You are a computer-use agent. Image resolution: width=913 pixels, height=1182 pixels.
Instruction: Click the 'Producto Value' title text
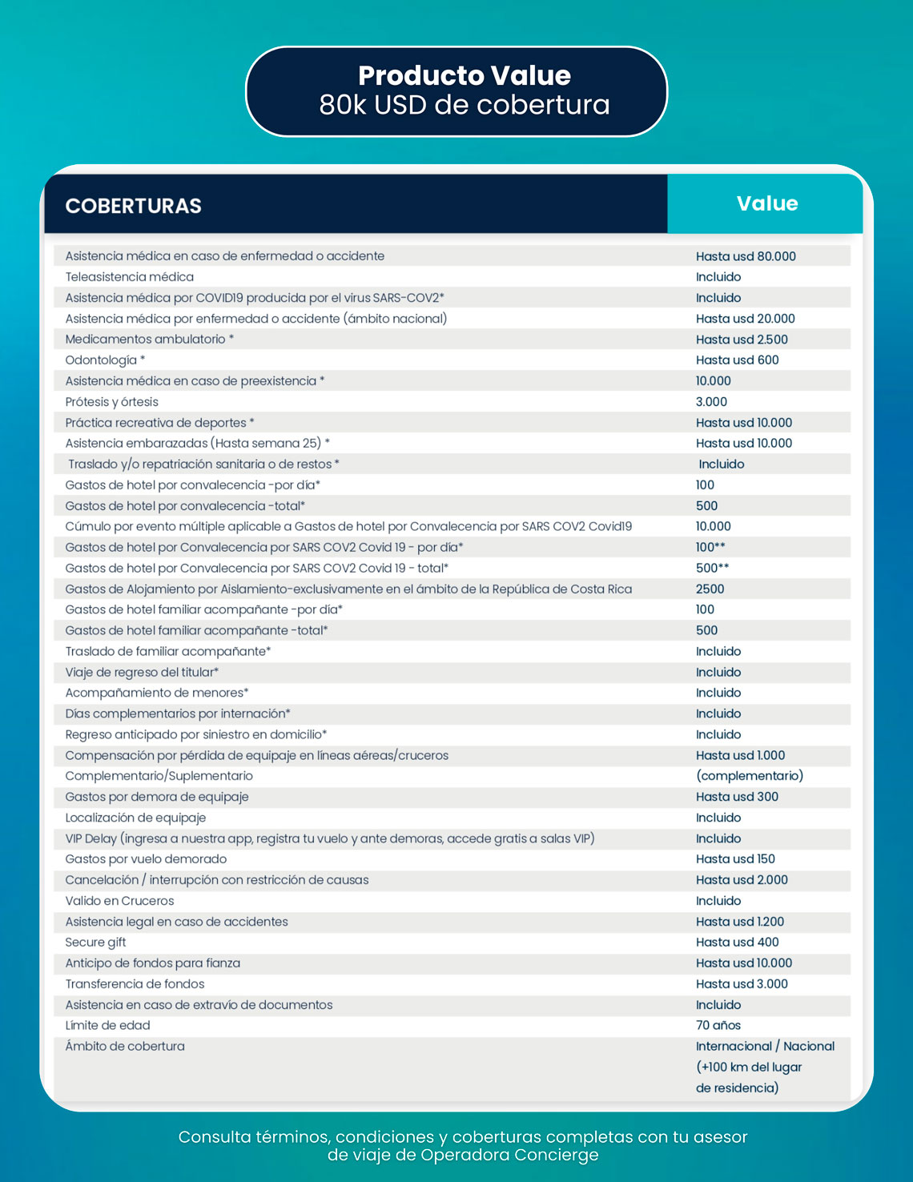point(464,75)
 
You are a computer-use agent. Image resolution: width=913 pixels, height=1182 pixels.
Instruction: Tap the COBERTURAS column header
point(133,206)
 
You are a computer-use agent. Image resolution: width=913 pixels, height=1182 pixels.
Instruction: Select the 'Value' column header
point(766,203)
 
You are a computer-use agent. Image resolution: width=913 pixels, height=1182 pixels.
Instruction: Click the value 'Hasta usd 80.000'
point(746,256)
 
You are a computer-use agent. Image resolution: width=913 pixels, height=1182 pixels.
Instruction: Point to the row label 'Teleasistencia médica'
point(130,277)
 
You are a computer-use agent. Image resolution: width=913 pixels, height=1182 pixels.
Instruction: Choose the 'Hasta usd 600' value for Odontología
point(737,360)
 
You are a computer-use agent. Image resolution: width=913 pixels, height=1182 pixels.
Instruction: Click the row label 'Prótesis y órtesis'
point(112,402)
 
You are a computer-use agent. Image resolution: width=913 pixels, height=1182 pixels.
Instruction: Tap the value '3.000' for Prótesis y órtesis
point(711,402)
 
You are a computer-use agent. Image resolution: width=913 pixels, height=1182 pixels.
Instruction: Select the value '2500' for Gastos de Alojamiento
point(710,589)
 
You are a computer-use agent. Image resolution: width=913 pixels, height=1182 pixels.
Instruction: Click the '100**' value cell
point(710,548)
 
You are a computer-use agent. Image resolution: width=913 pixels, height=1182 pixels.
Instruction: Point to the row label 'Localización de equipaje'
point(135,818)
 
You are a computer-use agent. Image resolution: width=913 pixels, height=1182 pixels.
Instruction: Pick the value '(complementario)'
point(750,776)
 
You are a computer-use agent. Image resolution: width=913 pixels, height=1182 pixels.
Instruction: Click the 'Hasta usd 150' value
point(735,859)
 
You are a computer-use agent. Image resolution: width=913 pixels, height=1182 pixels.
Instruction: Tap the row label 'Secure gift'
point(95,943)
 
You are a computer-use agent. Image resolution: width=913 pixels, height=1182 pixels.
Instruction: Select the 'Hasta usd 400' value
point(737,943)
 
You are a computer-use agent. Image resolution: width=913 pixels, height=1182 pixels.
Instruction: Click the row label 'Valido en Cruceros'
point(119,901)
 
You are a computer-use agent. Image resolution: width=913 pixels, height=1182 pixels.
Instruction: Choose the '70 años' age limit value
point(718,1026)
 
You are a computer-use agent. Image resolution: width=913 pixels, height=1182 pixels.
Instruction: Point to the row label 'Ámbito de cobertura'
point(125,1047)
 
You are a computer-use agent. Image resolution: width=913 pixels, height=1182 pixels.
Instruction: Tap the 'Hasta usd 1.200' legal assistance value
point(740,922)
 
